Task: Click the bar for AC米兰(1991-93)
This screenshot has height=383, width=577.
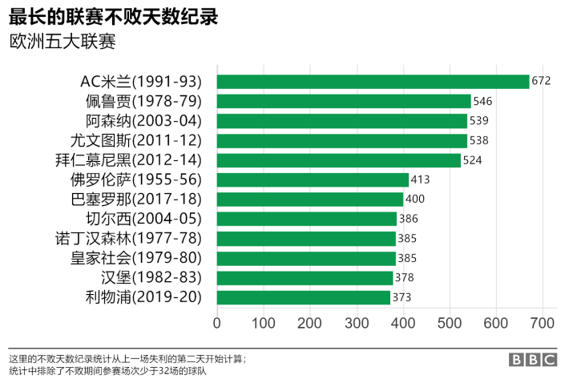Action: pyautogui.click(x=373, y=82)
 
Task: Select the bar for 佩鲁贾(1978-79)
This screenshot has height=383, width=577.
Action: pyautogui.click(x=344, y=101)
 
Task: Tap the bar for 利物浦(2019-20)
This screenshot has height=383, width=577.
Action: pyautogui.click(x=304, y=297)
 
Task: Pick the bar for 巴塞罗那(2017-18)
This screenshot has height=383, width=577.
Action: pyautogui.click(x=310, y=200)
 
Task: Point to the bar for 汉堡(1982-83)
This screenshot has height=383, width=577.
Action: pyautogui.click(x=305, y=278)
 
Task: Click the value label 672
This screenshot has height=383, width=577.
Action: pyautogui.click(x=542, y=82)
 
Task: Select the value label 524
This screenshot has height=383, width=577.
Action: pyautogui.click(x=473, y=160)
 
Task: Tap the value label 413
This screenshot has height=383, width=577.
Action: pyautogui.click(x=421, y=179)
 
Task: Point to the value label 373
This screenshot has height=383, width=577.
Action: pyautogui.click(x=402, y=297)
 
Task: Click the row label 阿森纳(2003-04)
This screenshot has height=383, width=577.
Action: pyautogui.click(x=143, y=121)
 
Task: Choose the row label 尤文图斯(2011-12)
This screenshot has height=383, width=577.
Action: pyautogui.click(x=143, y=140)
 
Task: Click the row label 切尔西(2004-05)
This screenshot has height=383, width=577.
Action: pyautogui.click(x=143, y=219)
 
